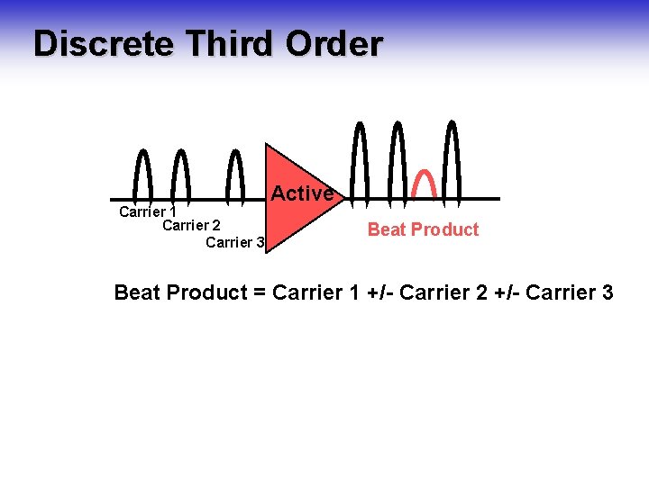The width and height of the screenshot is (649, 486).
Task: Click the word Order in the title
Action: pyautogui.click(x=334, y=43)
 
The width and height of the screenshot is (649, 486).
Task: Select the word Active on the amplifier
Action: pyautogui.click(x=302, y=193)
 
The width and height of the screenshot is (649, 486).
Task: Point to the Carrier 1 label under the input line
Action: pyautogui.click(x=147, y=212)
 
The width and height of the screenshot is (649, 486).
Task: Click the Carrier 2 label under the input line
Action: pyautogui.click(x=191, y=225)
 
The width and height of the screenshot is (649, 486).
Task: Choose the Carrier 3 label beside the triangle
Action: pyautogui.click(x=234, y=242)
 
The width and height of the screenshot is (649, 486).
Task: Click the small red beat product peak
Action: pyautogui.click(x=424, y=183)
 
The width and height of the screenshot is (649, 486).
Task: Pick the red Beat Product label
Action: pyautogui.click(x=423, y=229)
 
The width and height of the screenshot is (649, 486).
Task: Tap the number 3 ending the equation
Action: pyautogui.click(x=607, y=292)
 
